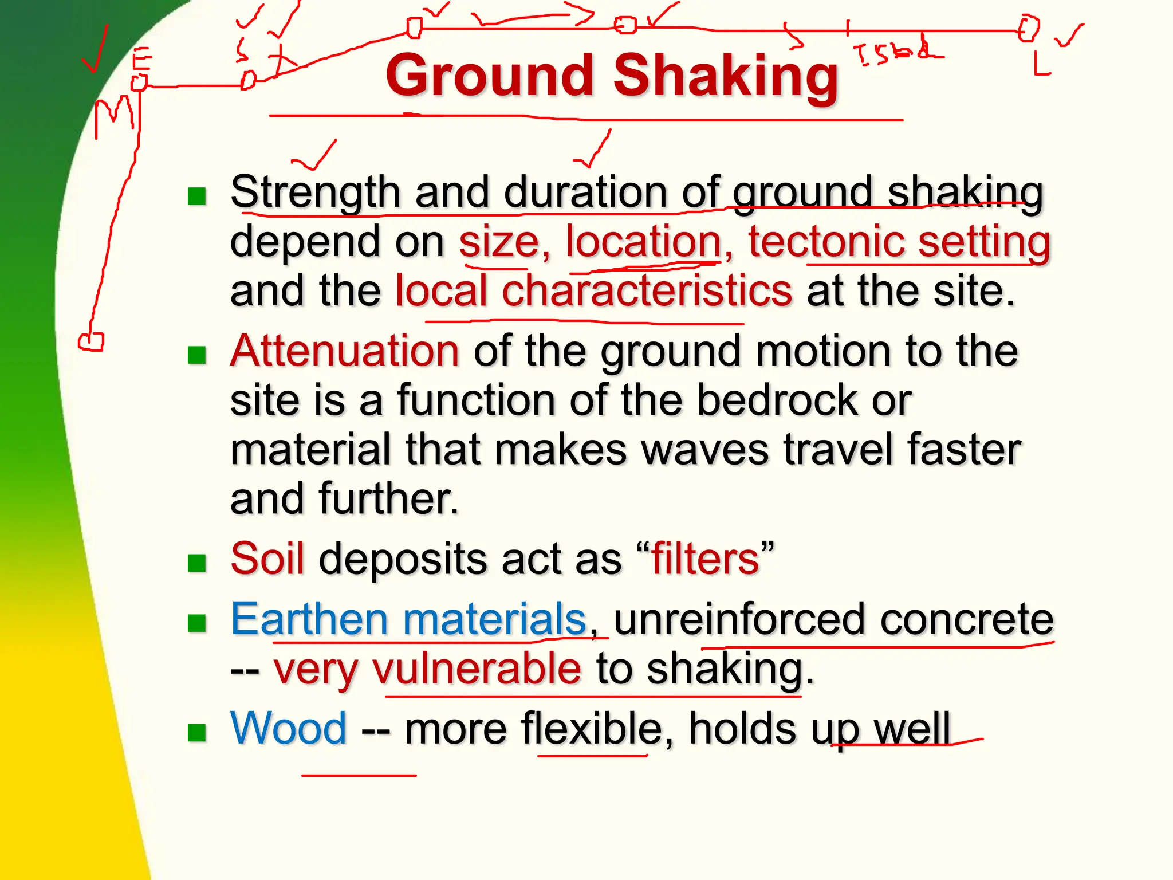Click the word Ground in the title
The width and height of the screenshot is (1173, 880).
click(x=490, y=76)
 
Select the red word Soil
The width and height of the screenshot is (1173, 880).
click(x=267, y=558)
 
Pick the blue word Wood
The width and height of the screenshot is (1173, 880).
click(x=288, y=728)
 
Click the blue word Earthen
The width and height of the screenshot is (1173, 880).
click(x=309, y=619)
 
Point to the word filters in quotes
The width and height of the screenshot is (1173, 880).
click(x=705, y=558)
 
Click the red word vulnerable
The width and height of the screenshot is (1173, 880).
click(x=477, y=669)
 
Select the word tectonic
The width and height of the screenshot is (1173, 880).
click(x=826, y=241)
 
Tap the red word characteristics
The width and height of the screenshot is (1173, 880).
click(x=647, y=290)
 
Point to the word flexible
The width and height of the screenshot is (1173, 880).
click(x=592, y=728)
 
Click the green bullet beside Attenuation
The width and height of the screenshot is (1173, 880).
click(x=197, y=355)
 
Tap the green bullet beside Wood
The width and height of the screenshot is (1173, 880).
click(x=197, y=732)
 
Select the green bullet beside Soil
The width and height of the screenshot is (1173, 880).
click(x=197, y=563)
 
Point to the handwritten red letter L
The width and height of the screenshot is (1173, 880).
click(x=1041, y=64)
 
